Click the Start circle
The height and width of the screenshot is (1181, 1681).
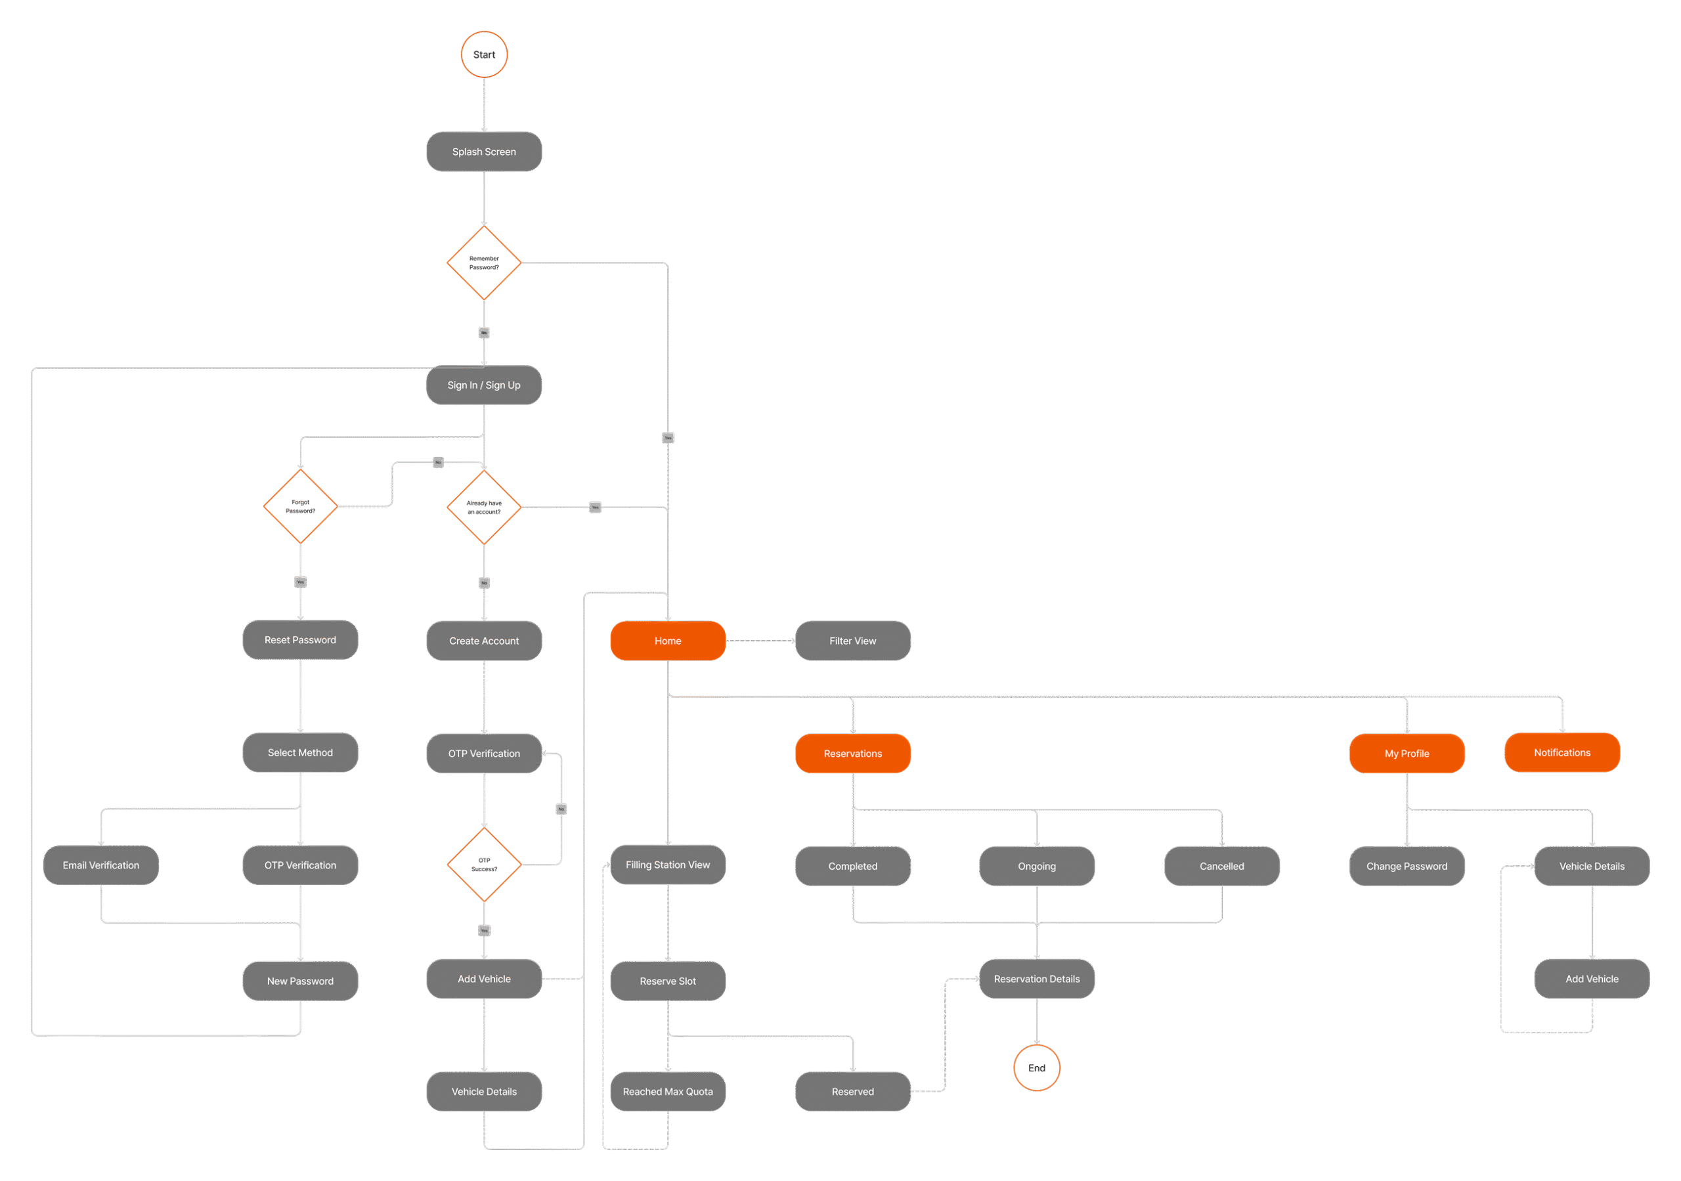pyautogui.click(x=484, y=54)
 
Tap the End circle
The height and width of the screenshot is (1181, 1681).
pyautogui.click(x=1036, y=1067)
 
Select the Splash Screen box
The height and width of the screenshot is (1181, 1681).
pyautogui.click(x=484, y=152)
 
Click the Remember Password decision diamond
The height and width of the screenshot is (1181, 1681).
pyautogui.click(x=484, y=262)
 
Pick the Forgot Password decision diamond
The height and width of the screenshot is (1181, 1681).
pyautogui.click(x=300, y=506)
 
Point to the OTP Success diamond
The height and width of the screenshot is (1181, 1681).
pyautogui.click(x=484, y=865)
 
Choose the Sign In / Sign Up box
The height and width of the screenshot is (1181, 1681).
pyautogui.click(x=484, y=385)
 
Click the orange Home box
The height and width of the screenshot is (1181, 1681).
pyautogui.click(x=668, y=641)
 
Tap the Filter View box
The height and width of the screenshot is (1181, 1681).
pyautogui.click(x=852, y=641)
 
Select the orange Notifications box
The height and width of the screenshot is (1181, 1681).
pyautogui.click(x=1561, y=753)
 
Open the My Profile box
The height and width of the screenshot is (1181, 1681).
pyautogui.click(x=1407, y=754)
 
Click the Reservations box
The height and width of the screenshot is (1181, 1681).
pyautogui.click(x=852, y=754)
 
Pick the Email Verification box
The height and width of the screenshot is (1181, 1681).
pyautogui.click(x=101, y=865)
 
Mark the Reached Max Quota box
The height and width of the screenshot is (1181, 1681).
pyautogui.click(x=668, y=1092)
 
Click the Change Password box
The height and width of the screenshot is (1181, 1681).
pyautogui.click(x=1407, y=866)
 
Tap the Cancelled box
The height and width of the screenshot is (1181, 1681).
pyautogui.click(x=1221, y=866)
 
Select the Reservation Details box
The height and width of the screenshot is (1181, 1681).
pyautogui.click(x=1036, y=979)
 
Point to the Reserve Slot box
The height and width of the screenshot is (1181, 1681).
pyautogui.click(x=668, y=981)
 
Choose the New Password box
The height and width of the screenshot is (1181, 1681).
pyautogui.click(x=300, y=981)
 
